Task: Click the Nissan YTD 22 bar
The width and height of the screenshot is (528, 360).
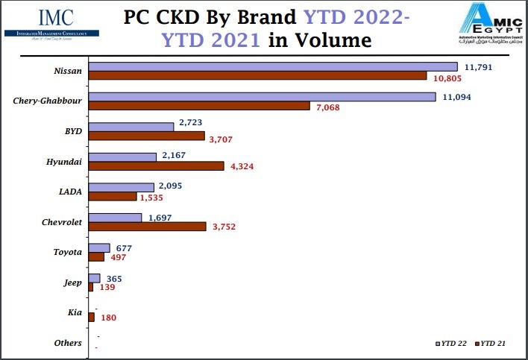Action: point(273,66)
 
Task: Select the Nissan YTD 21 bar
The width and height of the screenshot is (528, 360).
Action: point(257,76)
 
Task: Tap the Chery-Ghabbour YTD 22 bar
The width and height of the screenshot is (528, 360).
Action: point(262,97)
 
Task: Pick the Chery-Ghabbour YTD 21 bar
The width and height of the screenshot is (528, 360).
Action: point(199,106)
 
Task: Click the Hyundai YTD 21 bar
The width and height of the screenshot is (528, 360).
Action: point(156,166)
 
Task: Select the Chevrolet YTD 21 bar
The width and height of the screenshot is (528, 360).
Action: point(148,227)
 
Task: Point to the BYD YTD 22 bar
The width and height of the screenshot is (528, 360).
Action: point(131,127)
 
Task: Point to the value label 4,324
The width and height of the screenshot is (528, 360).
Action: point(242,167)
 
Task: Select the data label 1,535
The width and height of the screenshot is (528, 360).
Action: point(152,198)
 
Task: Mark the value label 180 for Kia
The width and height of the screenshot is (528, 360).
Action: point(108,318)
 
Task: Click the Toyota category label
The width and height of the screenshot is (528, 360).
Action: point(68,252)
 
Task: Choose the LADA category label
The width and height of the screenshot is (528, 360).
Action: point(69,192)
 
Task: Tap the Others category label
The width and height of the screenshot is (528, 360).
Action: point(68,342)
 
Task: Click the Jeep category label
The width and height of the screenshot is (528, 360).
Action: point(72,282)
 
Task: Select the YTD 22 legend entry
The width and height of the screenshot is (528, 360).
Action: point(451,343)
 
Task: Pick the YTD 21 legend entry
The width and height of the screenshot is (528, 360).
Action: point(491,343)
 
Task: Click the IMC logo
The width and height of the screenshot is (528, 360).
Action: point(45,21)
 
